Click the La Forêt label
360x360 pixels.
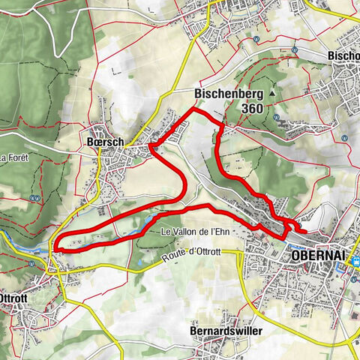(13, 159)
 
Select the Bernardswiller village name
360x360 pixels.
(219, 331)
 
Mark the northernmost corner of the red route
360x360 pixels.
(194, 109)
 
